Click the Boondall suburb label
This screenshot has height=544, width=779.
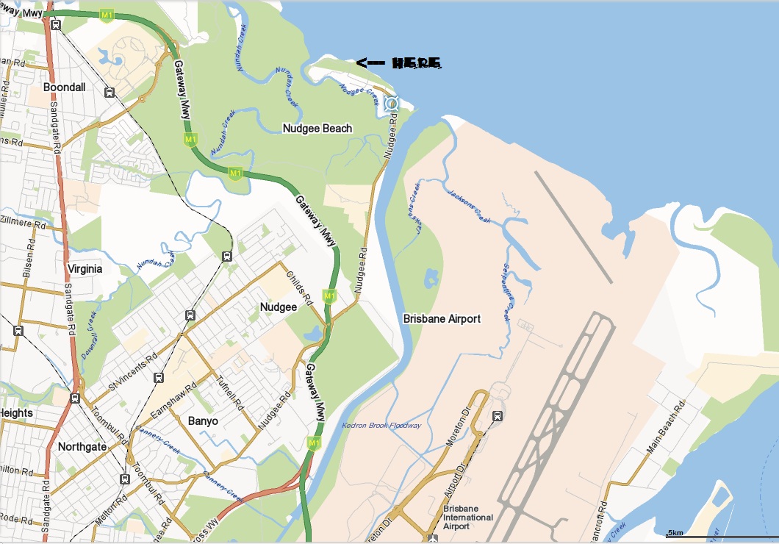(65, 87)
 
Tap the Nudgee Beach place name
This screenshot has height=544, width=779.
(317, 129)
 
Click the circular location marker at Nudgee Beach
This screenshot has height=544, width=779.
(391, 104)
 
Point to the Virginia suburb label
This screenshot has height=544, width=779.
(85, 268)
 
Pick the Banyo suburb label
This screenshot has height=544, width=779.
(204, 421)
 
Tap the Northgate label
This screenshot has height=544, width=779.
(82, 446)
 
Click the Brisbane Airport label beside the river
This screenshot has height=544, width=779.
(442, 319)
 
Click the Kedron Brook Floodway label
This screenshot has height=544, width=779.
(381, 426)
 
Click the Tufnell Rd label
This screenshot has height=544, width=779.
(231, 393)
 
